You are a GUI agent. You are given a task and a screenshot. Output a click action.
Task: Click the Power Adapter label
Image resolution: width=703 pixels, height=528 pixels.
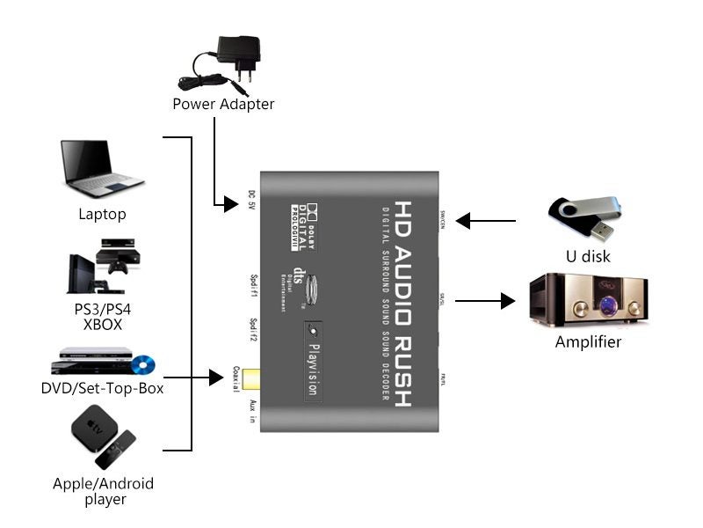coord(223,104)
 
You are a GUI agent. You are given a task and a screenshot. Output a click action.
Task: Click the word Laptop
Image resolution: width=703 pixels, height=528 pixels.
coord(102,214)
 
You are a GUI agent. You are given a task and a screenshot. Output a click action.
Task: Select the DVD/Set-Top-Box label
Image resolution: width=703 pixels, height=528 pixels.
coord(102,388)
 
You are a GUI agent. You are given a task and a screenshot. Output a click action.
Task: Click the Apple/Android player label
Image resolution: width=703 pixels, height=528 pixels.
coord(103,491)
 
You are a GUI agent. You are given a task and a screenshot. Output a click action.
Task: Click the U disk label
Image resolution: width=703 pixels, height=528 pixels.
coord(588,257)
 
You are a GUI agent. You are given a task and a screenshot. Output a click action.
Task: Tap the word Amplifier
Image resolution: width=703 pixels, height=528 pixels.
coord(588,341)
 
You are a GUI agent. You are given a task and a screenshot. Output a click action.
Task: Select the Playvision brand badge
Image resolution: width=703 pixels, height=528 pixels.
coord(312,362)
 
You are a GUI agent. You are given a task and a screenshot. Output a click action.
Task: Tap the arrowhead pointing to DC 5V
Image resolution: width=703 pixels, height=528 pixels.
coord(230,204)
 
